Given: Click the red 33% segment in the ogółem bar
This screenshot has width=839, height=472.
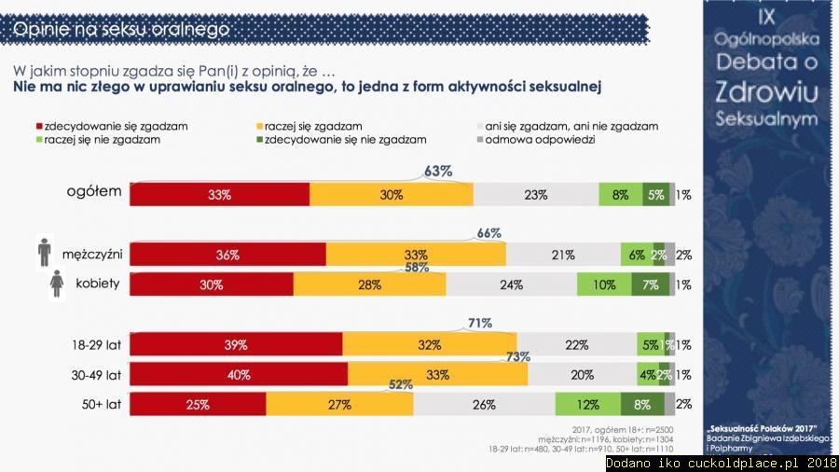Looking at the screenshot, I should click(219, 195).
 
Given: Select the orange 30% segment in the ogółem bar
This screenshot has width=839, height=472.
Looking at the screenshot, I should click(392, 195).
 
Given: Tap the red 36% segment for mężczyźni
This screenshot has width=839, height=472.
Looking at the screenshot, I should click(227, 255).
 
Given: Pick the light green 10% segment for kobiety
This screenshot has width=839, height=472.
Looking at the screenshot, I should click(604, 285).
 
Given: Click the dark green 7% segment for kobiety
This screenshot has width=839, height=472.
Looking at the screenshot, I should click(651, 285).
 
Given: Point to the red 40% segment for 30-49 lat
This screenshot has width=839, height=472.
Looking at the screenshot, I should click(239, 375).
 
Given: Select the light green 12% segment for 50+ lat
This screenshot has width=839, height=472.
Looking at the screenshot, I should click(587, 405).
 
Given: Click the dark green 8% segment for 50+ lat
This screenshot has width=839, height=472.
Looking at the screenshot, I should click(642, 405).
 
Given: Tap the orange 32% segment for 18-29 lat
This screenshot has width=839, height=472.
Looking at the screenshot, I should click(429, 345).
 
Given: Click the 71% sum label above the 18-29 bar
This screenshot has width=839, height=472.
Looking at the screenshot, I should click(480, 324).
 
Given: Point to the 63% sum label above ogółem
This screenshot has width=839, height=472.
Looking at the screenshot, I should click(438, 172).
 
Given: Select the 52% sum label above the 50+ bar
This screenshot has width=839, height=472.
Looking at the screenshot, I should click(400, 384).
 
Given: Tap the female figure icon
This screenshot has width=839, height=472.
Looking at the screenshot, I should click(57, 284).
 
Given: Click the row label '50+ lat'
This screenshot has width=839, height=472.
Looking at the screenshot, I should click(100, 405).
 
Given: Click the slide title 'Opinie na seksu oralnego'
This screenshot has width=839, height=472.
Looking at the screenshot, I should click(121, 30).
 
